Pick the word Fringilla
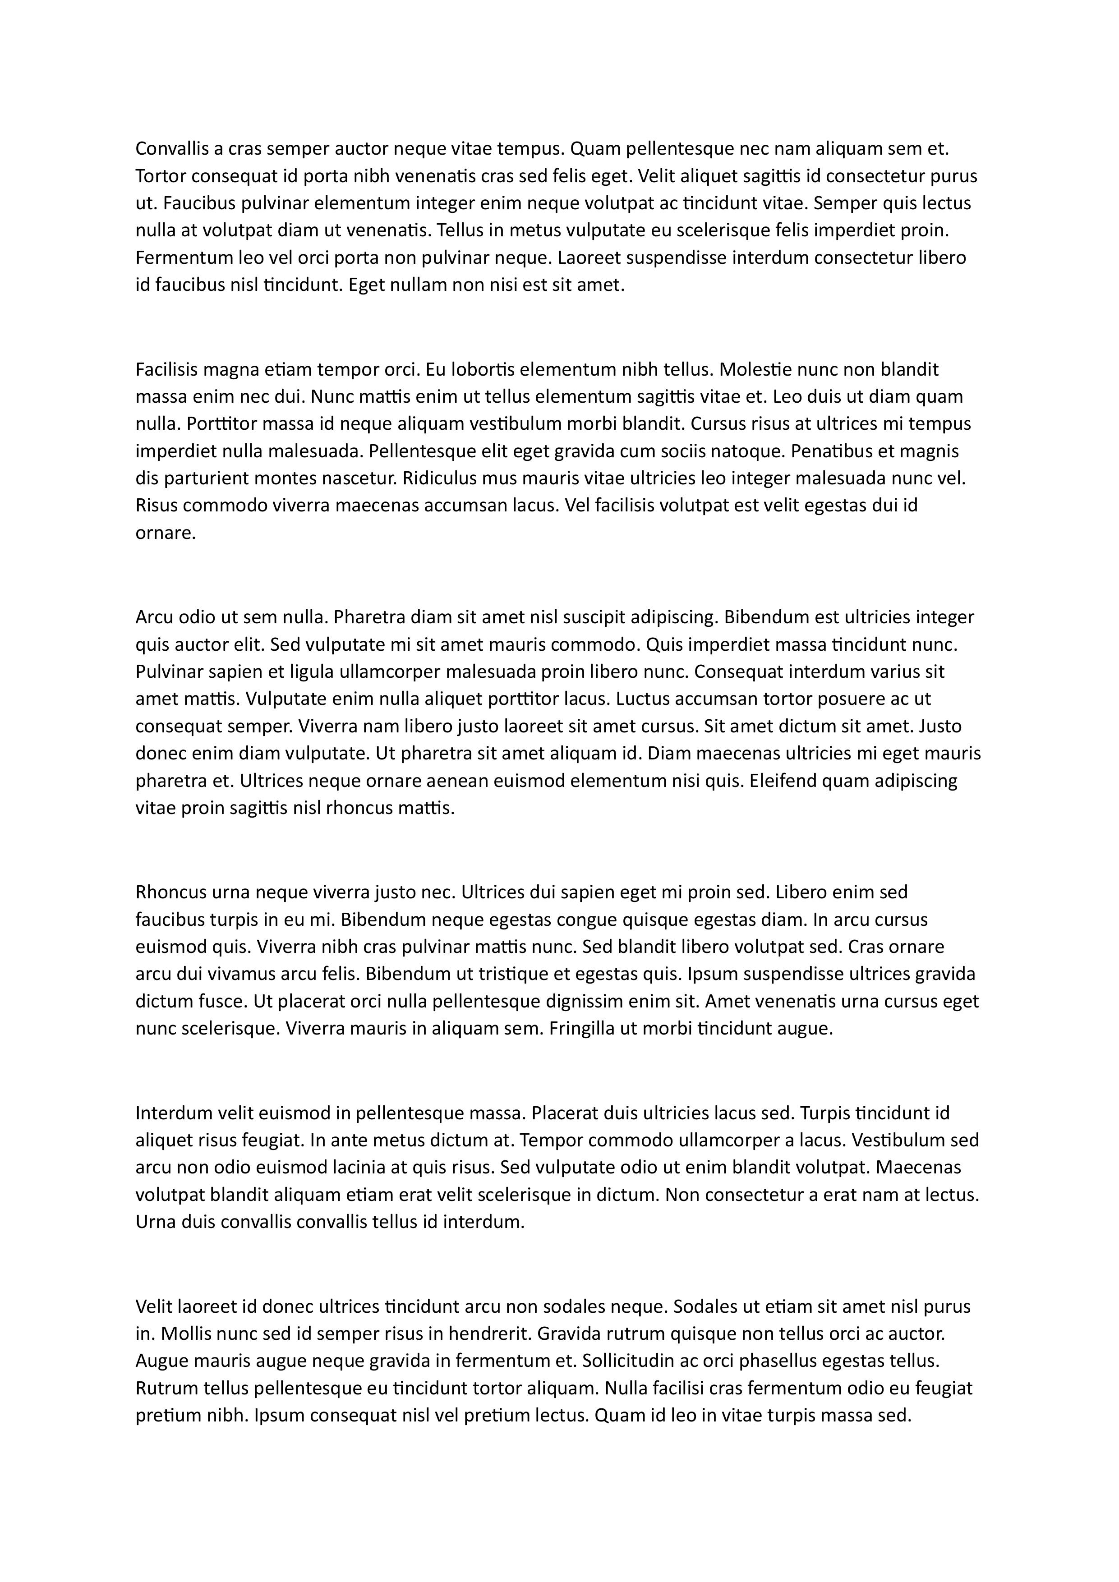click(x=581, y=1029)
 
